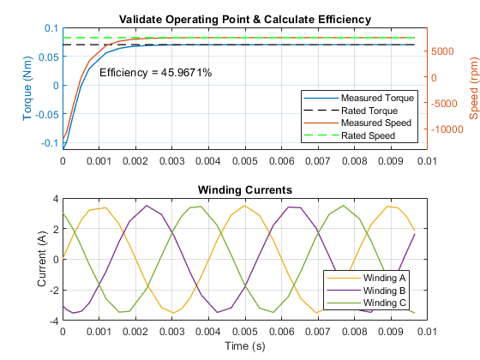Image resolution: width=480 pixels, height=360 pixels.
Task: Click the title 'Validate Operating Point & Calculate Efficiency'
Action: pos(245,20)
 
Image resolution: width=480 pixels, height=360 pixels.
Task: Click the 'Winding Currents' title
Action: pos(245,189)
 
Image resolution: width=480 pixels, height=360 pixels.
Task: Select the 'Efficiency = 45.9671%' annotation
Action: pos(155,73)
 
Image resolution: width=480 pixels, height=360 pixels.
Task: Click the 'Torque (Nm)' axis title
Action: pos(27,88)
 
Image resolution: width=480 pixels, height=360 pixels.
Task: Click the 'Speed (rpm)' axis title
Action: pos(473,88)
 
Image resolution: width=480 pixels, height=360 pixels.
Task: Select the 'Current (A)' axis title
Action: pos(41,259)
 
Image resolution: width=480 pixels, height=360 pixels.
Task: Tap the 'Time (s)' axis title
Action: pos(245,346)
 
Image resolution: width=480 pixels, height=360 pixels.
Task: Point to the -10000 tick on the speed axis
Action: pos(447,129)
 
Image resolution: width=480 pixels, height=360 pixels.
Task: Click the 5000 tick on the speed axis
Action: pos(442,51)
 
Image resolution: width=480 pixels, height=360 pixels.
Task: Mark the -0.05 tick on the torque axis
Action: pos(47,115)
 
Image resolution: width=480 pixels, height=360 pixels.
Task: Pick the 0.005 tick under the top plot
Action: pos(245,161)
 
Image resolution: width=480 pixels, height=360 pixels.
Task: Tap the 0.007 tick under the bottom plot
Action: pos(318,332)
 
